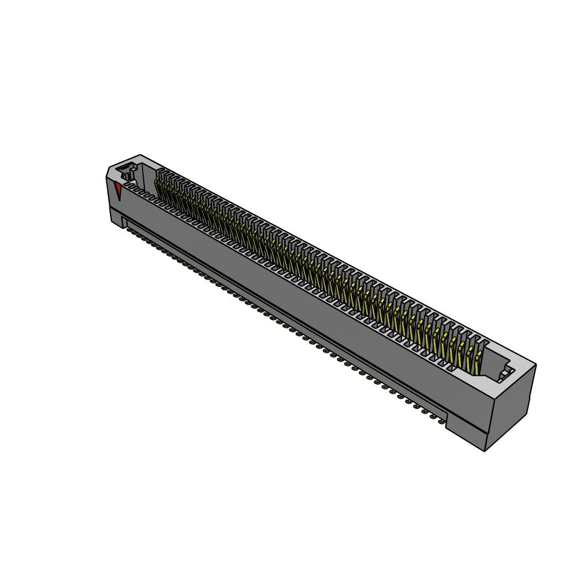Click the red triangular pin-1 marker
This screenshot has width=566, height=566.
point(118,192)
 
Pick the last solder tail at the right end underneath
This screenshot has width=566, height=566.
point(441,422)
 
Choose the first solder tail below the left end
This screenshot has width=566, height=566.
point(129,229)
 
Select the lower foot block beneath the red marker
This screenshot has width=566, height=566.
point(117,218)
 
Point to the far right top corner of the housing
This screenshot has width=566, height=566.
point(535,365)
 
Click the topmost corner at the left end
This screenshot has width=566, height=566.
point(140,155)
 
